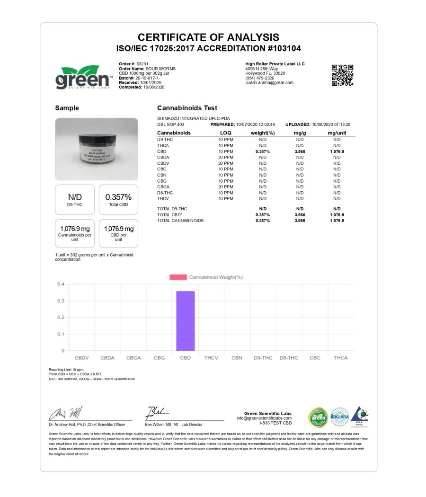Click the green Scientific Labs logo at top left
[83, 77]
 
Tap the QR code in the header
[342, 75]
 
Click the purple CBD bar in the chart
[185, 320]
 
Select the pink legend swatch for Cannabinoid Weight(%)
[178, 277]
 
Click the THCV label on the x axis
[211, 358]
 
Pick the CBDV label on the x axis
[82, 358]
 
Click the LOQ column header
[226, 133]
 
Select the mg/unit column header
[337, 133]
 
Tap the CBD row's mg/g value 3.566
[300, 151]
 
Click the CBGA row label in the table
[163, 187]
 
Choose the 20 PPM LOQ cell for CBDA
[226, 157]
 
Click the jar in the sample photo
[97, 151]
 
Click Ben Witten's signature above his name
[157, 412]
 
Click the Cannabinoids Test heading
[187, 108]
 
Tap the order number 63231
[142, 64]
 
